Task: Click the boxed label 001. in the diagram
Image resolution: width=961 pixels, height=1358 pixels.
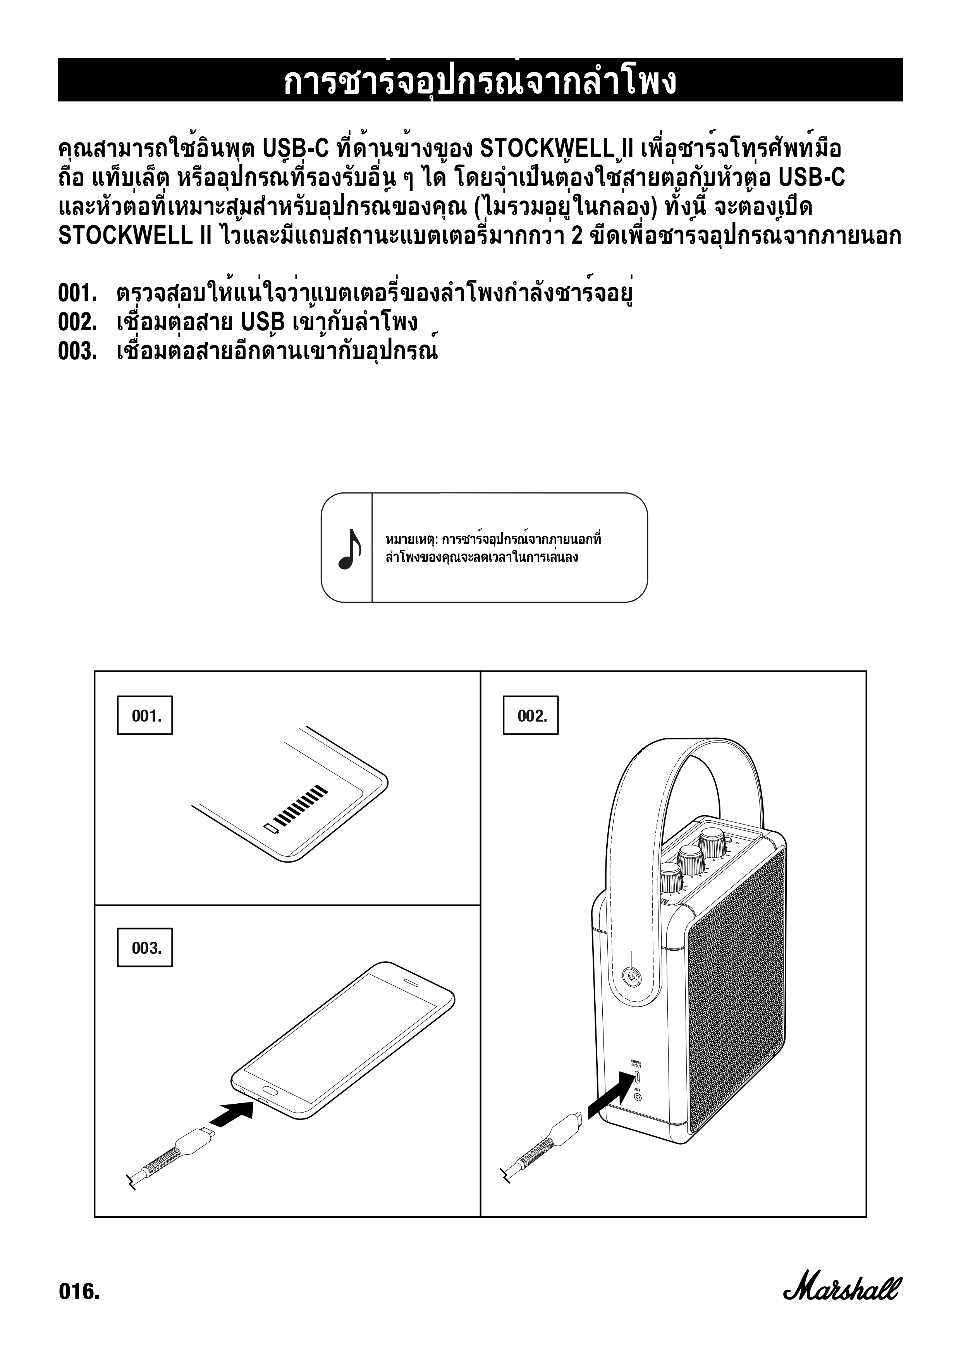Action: [145, 716]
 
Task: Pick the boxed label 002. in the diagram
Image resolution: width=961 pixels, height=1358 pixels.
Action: [531, 716]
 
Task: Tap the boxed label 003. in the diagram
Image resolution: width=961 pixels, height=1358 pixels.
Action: [145, 948]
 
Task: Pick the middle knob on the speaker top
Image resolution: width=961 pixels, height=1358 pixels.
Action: [690, 861]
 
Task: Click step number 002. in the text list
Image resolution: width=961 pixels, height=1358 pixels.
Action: [77, 323]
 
